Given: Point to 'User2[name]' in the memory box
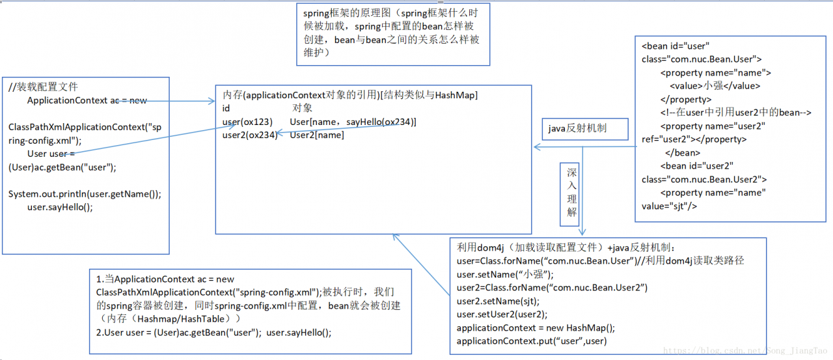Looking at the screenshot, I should pos(317,135).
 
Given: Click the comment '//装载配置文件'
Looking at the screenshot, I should pos(44,87).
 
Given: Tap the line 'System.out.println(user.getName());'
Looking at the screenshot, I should pos(85,194).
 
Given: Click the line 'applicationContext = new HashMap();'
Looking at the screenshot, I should pos(536,328).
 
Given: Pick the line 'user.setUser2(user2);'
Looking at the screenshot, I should pos(498,314).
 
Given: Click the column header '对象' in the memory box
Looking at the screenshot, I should pos(302,109).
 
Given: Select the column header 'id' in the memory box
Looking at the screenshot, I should pos(226,109).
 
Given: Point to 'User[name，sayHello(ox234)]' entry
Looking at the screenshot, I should pos(353,122).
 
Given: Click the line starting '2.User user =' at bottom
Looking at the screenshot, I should pos(213,333).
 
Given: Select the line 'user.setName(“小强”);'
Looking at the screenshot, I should pos(505,275).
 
